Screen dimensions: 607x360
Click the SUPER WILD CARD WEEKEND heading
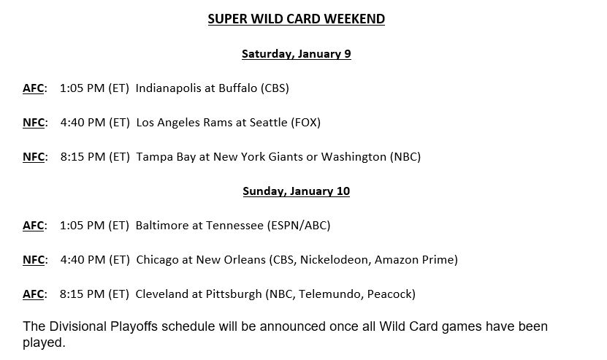(x=296, y=19)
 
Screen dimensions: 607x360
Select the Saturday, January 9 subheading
(x=296, y=54)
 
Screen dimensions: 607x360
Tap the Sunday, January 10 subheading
(x=296, y=191)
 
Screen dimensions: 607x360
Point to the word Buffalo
(x=237, y=88)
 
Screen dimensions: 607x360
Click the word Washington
(x=354, y=157)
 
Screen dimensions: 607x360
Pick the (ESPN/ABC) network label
(x=299, y=226)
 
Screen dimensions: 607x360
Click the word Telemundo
(x=331, y=294)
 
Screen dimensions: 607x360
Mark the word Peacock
(x=389, y=294)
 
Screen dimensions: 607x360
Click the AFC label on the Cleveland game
(x=34, y=294)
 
